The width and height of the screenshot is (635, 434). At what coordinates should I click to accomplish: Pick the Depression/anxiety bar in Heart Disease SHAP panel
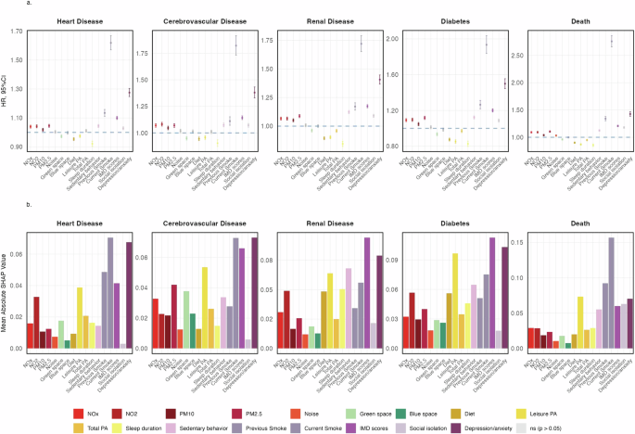coord(130,296)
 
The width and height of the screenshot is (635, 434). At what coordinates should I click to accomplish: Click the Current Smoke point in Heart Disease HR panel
coord(111,42)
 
